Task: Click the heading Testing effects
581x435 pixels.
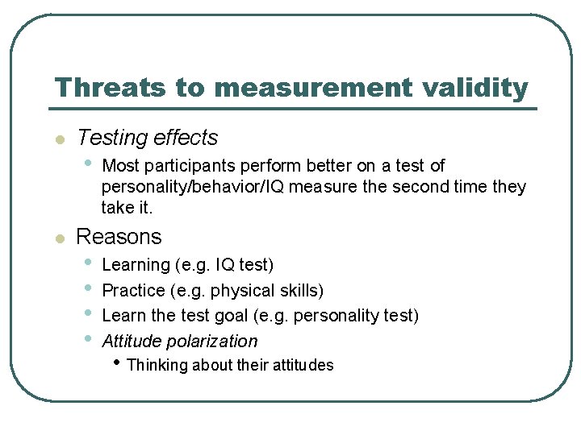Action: click(x=148, y=139)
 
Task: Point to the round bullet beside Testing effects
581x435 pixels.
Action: click(x=58, y=140)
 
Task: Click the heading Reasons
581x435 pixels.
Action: click(x=119, y=237)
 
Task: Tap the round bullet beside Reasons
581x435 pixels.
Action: click(x=58, y=238)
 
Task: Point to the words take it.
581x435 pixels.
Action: click(x=127, y=208)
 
